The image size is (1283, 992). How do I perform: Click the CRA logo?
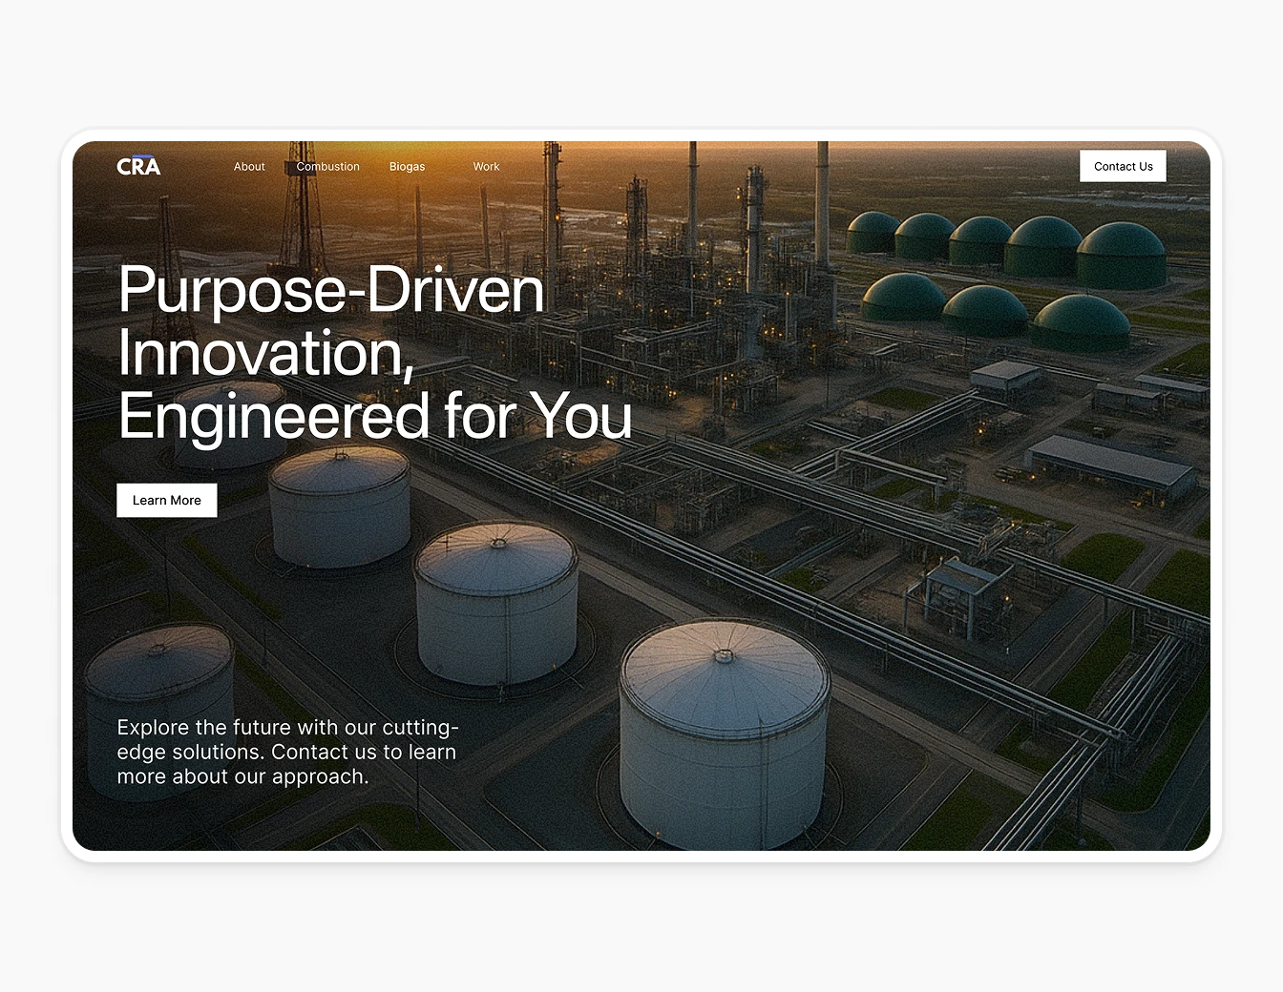tap(138, 166)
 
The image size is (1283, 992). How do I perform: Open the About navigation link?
tap(249, 167)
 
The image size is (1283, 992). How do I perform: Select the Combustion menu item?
tap(327, 167)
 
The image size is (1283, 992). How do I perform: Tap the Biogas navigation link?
tap(407, 167)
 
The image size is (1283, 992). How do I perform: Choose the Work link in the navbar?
tap(486, 167)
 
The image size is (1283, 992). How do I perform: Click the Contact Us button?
tap(1123, 166)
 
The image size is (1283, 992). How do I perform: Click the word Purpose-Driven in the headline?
tap(330, 290)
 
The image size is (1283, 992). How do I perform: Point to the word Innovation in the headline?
tap(264, 354)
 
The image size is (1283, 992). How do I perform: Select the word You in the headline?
tap(580, 416)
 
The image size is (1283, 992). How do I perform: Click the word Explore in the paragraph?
tap(153, 728)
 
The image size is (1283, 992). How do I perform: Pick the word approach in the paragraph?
tap(320, 777)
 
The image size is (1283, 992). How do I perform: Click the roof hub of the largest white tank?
tap(724, 655)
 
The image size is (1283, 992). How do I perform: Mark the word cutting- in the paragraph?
tap(421, 728)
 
